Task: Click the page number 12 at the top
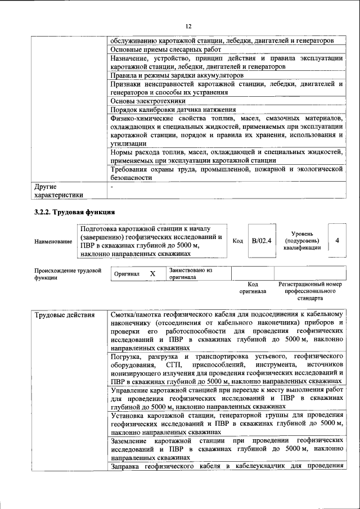point(188,26)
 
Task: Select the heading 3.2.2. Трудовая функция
point(75,212)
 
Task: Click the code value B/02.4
point(262,240)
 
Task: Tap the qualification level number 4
point(337,240)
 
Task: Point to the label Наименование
point(53,241)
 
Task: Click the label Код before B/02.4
point(238,241)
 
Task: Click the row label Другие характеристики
point(59,190)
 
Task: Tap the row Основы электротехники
point(148,101)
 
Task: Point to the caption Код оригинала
point(253,288)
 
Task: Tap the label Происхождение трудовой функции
point(67,274)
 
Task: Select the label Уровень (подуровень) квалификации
point(303,240)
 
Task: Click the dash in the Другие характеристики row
point(113,186)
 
